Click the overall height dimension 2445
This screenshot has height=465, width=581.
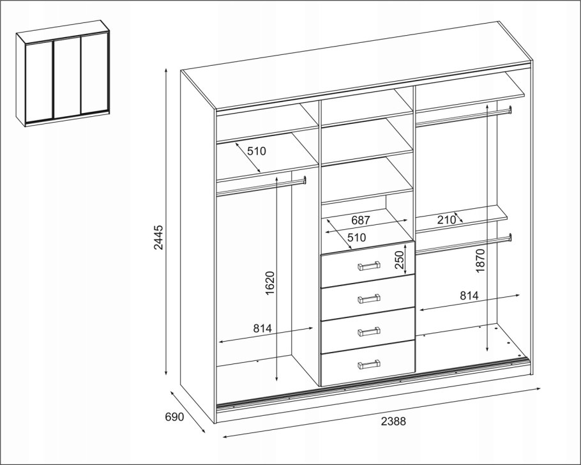[x=158, y=237]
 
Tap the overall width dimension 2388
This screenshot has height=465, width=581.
[x=393, y=421]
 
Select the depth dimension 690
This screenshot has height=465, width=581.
[x=174, y=417]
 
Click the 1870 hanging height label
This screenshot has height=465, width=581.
[x=480, y=261]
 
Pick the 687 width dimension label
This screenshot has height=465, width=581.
[x=361, y=220]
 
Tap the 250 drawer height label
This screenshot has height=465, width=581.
[x=398, y=260]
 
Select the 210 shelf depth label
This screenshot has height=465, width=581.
[x=446, y=220]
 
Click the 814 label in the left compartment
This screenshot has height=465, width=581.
[x=262, y=328]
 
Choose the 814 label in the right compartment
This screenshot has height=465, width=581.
[x=469, y=296]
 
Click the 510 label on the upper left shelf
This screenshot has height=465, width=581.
[x=257, y=151]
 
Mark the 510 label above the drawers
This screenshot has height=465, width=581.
[x=356, y=237]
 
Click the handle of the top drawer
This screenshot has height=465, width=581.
[x=368, y=266]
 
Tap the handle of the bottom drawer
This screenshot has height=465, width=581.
[x=368, y=364]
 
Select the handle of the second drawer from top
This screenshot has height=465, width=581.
[x=368, y=298]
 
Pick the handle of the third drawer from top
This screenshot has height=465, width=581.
[x=368, y=331]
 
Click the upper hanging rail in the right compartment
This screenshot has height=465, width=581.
[x=464, y=116]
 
